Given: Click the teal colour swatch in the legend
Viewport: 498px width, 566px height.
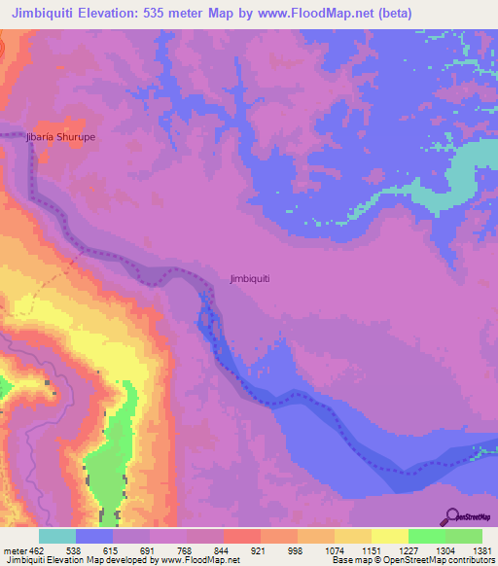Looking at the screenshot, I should (57, 536).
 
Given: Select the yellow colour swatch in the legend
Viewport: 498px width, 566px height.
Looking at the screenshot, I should (390, 536).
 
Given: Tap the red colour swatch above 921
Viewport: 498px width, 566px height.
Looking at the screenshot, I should (242, 536).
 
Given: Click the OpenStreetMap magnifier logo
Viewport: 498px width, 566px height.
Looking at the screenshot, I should (450, 515).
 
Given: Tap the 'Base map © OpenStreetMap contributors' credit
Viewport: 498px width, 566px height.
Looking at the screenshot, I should (411, 560).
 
